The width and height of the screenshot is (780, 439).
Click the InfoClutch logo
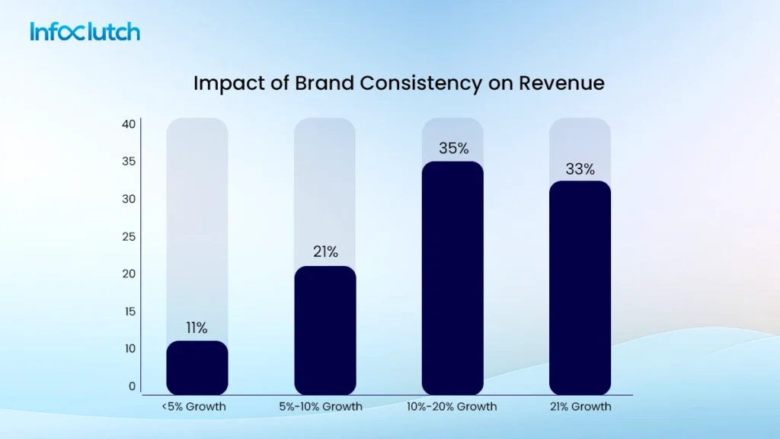tap(85, 32)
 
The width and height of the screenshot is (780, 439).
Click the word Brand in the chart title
tap(315, 83)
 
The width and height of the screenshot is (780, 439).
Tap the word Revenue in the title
tap(561, 83)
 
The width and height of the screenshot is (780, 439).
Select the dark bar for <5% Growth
tap(197, 367)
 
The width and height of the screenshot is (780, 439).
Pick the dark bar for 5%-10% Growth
tap(325, 330)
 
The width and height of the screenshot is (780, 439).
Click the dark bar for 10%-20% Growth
tap(452, 278)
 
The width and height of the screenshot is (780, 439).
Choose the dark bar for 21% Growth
tap(580, 287)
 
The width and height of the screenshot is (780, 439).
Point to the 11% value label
tap(197, 328)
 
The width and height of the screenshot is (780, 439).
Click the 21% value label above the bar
tap(325, 252)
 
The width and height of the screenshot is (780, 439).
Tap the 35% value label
tap(453, 149)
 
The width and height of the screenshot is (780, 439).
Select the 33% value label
tap(580, 169)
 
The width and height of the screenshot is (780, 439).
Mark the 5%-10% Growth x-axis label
tap(325, 406)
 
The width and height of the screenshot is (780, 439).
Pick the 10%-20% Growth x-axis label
tap(452, 406)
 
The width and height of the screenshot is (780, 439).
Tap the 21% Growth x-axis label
tap(580, 406)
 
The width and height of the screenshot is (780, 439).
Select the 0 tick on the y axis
tap(132, 386)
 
